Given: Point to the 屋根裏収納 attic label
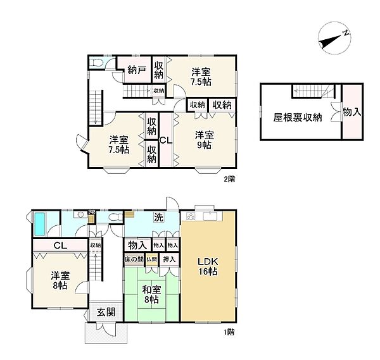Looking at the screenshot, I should pos(298,117).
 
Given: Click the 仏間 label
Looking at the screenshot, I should pos(152,259).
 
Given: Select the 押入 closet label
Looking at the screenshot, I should pos(169,259).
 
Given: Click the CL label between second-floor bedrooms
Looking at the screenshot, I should pos(163,140).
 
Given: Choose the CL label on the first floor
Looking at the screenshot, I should pos(61,245).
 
